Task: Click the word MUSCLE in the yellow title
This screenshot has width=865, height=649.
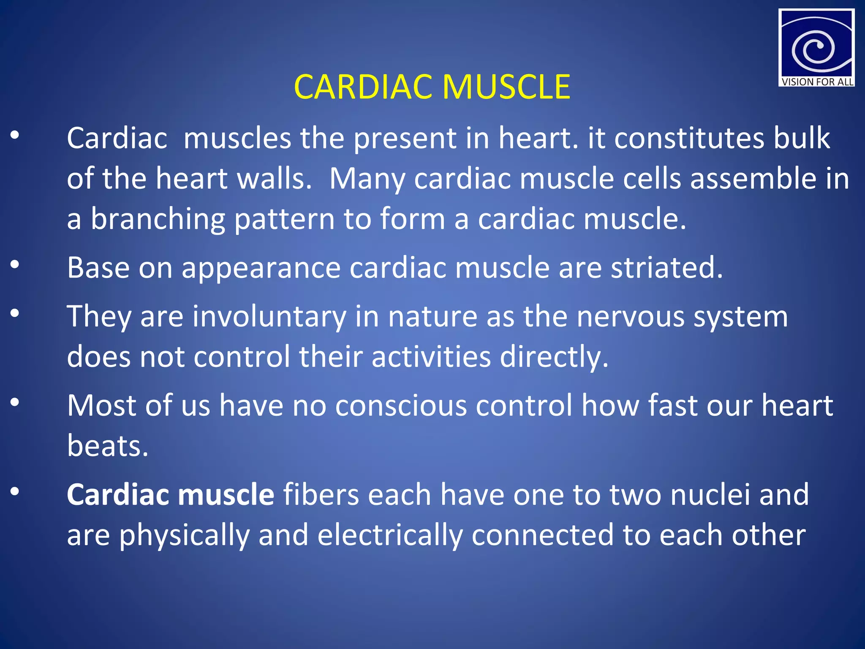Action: point(506,87)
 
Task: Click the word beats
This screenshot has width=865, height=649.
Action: point(107,446)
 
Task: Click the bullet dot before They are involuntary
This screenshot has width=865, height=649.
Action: point(15,314)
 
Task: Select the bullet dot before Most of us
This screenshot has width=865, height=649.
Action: point(15,403)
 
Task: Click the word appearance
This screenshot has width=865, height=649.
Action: point(261,269)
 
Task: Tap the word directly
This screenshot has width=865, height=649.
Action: point(554,357)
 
